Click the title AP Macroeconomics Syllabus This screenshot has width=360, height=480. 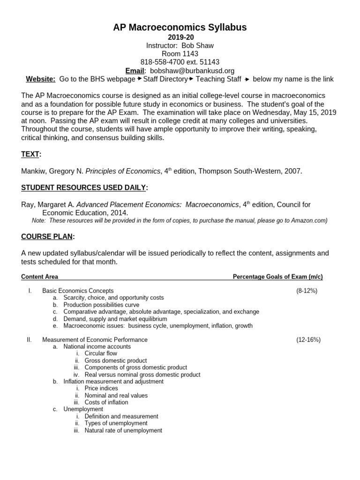coord(180,28)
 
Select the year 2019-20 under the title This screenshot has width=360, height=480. coord(180,37)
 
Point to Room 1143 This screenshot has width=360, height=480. coord(180,54)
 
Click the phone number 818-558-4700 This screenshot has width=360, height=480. coord(164,62)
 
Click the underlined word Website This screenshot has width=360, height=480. coord(40,79)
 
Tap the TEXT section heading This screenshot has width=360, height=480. coord(31,154)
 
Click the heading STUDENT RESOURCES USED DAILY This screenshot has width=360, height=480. coord(84,187)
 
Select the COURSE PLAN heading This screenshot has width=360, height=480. coord(48,236)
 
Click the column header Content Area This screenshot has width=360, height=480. coord(40,277)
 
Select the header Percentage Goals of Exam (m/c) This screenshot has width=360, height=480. coord(277,277)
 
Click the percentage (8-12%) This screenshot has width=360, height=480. coord(307,291)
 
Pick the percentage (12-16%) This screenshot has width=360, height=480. coord(308,339)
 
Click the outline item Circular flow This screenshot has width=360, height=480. coord(101,353)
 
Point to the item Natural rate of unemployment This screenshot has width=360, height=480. coord(123,430)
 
